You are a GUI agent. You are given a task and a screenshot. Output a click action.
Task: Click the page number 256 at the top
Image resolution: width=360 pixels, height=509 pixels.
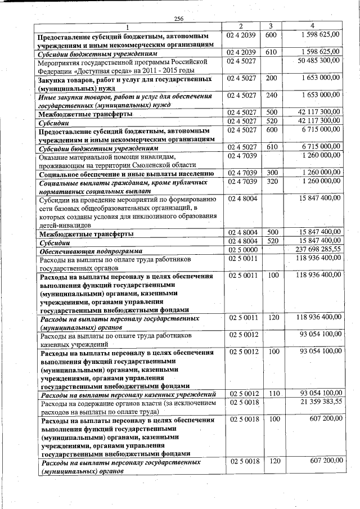(x=179, y=19)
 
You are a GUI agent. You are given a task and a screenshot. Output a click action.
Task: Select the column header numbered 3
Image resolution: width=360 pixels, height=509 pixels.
(x=271, y=26)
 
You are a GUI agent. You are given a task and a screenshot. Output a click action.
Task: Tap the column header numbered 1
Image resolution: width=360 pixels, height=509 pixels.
(x=127, y=28)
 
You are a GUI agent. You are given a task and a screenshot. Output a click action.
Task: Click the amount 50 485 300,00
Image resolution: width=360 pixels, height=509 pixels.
(x=318, y=60)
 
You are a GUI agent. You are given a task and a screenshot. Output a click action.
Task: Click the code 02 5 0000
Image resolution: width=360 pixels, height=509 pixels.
(x=242, y=249)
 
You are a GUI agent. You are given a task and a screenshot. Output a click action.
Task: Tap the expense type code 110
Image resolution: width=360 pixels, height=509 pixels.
(x=271, y=394)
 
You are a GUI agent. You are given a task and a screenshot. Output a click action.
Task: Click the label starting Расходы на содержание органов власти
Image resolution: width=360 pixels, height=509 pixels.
(x=127, y=403)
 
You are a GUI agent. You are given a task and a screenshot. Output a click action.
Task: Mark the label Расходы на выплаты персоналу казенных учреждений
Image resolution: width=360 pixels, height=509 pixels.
(x=127, y=394)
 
